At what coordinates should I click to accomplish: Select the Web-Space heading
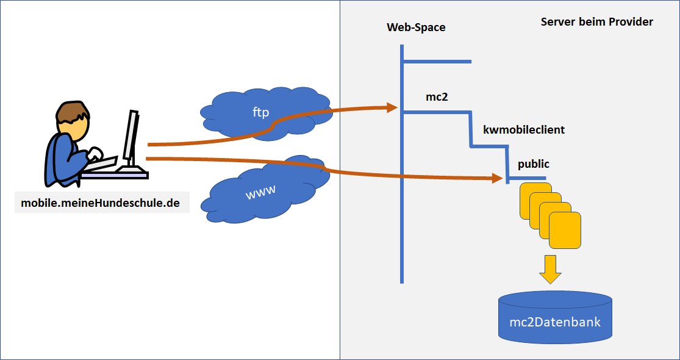[416, 27]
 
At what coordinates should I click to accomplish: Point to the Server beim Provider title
[596, 22]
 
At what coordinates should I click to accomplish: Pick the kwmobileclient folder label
[523, 130]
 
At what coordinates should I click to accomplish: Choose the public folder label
[534, 164]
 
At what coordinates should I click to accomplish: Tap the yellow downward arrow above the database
[551, 269]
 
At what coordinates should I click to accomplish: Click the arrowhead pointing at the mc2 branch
[392, 108]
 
